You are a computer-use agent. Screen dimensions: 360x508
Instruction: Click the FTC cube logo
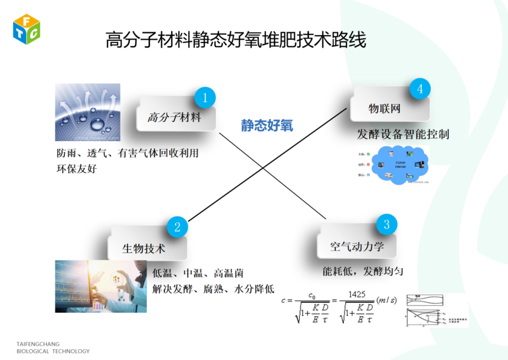26,29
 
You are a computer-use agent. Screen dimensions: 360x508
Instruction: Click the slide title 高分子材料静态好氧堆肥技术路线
236,40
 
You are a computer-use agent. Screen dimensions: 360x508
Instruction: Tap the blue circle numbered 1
205,98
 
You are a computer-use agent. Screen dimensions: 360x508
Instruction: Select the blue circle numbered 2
177,227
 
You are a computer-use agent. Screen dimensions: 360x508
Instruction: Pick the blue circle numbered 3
387,224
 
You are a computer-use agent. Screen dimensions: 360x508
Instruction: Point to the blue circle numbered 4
420,89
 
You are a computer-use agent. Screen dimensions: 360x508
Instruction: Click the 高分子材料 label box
175,118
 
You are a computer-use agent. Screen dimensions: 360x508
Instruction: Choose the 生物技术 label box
143,248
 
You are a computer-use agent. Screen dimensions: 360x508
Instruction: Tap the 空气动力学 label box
357,247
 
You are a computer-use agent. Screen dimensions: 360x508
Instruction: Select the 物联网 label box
384,109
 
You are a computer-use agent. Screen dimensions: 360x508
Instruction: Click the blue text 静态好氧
267,126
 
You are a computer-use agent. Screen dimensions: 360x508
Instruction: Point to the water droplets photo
87,112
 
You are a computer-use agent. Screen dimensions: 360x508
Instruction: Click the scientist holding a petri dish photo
101,286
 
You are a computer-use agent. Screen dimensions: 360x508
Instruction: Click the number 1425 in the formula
357,294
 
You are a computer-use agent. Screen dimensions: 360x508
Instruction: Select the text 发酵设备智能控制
403,135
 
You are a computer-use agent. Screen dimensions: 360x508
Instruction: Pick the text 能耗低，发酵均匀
363,272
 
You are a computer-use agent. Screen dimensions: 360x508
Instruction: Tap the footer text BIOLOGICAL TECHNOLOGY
53,351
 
